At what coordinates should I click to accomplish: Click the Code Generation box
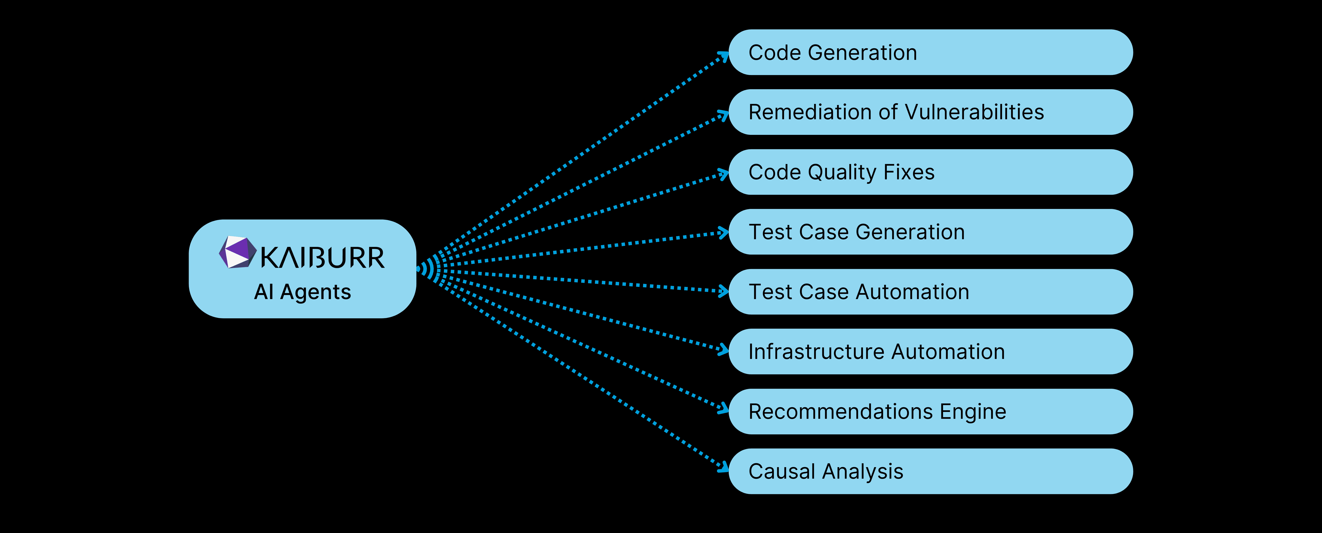930,52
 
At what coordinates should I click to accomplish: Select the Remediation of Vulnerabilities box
930,112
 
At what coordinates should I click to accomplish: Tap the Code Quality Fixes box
930,172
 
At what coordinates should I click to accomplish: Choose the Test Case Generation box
930,232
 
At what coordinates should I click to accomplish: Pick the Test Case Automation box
930,291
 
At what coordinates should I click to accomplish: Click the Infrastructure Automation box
930,351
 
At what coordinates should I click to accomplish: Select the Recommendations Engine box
930,411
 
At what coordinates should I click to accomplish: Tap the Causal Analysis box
930,471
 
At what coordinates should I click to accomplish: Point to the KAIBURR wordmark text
322,258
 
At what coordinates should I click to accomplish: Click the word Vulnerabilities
974,112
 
